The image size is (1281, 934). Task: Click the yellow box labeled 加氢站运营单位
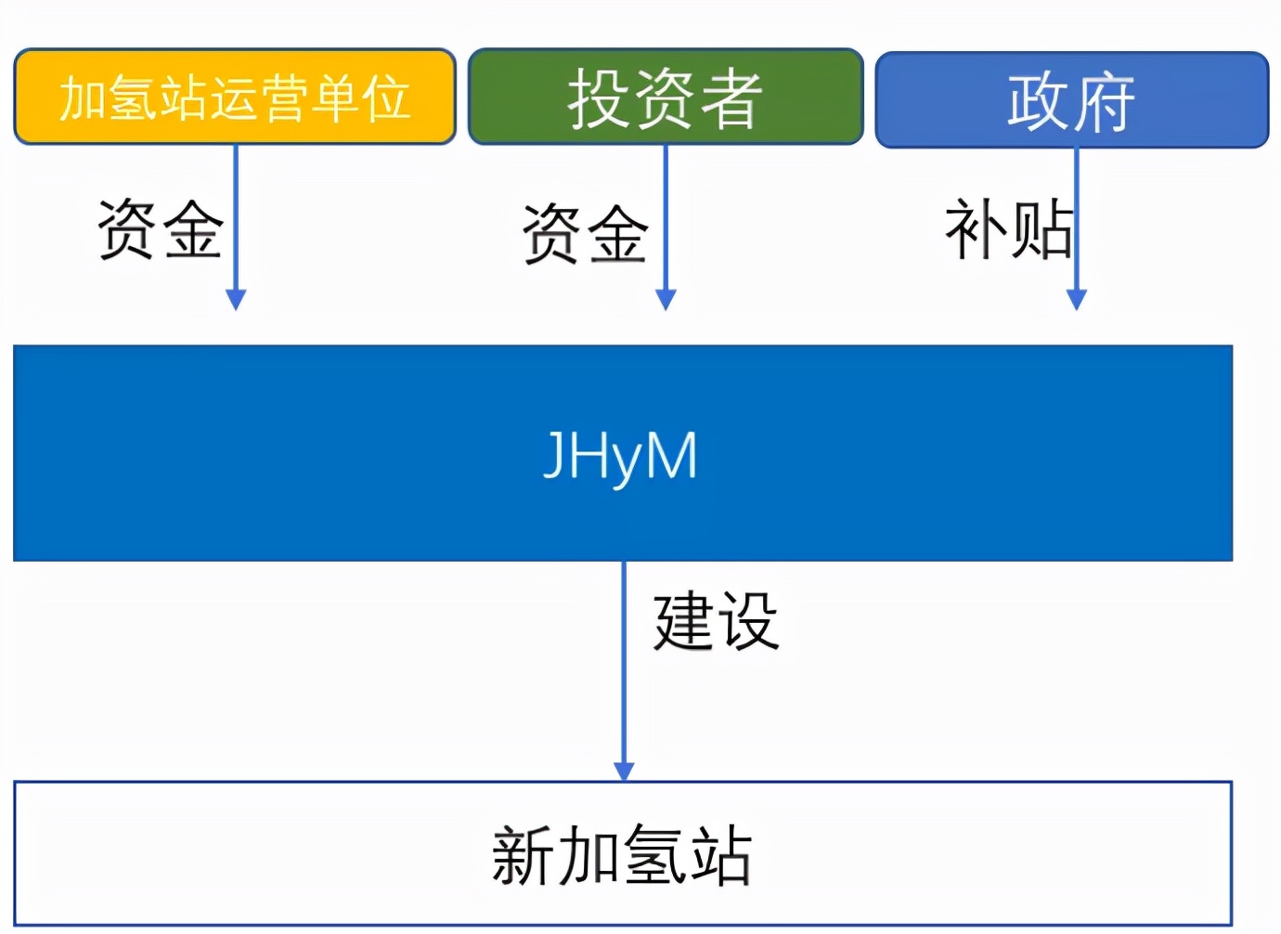coord(235,97)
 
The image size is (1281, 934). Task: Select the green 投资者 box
coord(666,97)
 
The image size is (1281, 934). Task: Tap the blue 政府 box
coord(1071,100)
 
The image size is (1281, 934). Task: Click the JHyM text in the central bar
coord(620,455)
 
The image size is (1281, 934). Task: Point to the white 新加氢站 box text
coord(622,855)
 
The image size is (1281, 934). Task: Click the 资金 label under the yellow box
coord(160,229)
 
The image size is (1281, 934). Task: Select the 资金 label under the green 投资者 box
coord(585,234)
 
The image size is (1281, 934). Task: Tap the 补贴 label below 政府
coord(1008,229)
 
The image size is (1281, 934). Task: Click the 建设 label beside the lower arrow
coord(716,621)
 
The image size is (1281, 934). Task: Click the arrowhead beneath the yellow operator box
coord(236,299)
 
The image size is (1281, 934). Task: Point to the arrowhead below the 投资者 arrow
coord(666,299)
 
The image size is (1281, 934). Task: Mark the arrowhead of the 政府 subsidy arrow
coord(1077,299)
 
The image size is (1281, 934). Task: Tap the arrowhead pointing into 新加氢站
coord(624,772)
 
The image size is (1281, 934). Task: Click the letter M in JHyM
coord(670,455)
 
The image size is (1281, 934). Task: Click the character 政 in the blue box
coord(1038,100)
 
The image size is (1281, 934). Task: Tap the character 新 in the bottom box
coord(524,855)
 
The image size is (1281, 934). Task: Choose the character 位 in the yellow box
coord(386,97)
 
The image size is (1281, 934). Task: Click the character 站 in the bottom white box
coord(720,855)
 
